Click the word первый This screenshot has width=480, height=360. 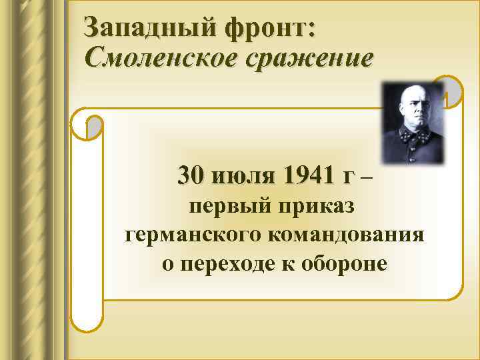[x=220, y=206]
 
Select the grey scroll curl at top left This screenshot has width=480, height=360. [x=95, y=127]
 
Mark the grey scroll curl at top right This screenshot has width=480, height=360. [x=453, y=91]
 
